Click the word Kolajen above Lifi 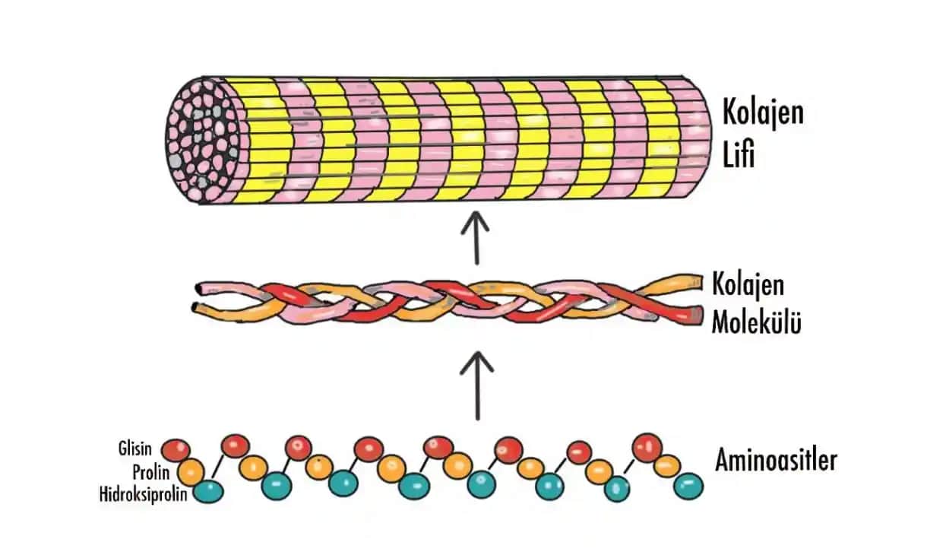pos(761,115)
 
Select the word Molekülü pos(756,323)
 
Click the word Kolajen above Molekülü pos(748,286)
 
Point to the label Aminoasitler pos(776,461)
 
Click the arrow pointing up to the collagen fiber pos(477,237)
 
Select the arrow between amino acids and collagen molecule pos(477,384)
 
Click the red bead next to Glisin pos(176,450)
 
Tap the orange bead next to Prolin pos(191,470)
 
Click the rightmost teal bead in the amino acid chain pos(688,484)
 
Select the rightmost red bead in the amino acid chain pos(647,446)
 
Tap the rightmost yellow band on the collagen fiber pos(656,137)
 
